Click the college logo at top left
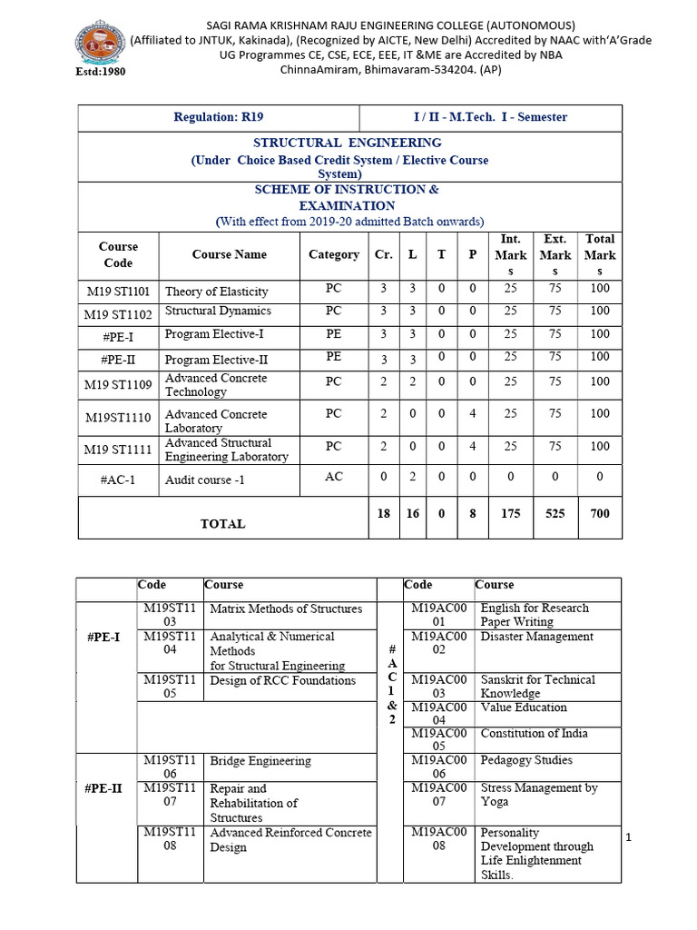[x=97, y=43]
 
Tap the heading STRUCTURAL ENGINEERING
[x=348, y=143]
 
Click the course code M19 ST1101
[x=118, y=292]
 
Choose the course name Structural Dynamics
[x=218, y=312]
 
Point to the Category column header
[x=333, y=254]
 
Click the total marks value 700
[x=599, y=513]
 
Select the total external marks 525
[x=555, y=513]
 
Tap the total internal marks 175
[x=510, y=513]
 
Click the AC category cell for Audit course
[x=333, y=477]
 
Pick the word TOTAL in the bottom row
[x=222, y=524]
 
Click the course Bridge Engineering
[x=260, y=761]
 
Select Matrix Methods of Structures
[x=286, y=608]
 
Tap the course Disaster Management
[x=536, y=637]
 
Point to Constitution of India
[x=534, y=733]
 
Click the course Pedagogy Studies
[x=526, y=760]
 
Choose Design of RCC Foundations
[x=282, y=680]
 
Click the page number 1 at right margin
[x=628, y=837]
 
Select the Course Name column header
[x=229, y=254]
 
